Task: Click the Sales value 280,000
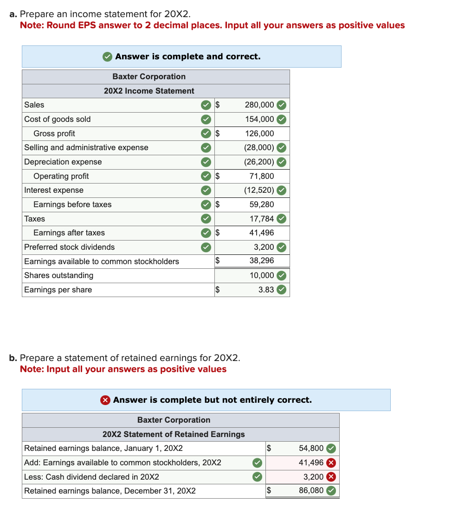[259, 105]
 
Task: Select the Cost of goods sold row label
[58, 119]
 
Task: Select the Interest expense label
[54, 190]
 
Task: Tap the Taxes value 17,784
[261, 219]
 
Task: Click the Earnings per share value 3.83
[266, 290]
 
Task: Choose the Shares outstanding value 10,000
[261, 275]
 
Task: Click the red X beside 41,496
[331, 463]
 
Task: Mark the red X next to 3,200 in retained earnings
[331, 477]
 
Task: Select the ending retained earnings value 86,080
[311, 490]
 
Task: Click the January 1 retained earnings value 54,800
[311, 448]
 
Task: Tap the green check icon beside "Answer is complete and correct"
[107, 57]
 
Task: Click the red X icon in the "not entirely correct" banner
[105, 400]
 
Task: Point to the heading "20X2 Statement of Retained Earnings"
[174, 434]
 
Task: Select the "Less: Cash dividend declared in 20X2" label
[91, 477]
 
